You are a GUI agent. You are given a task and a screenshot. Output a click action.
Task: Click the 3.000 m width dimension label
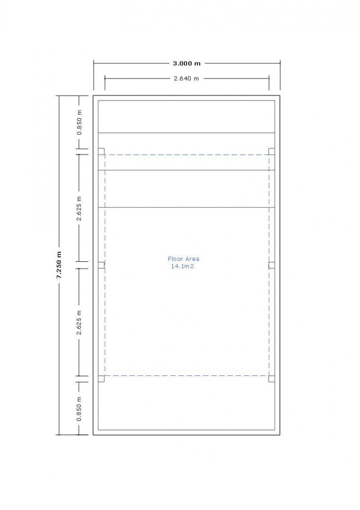tap(187, 63)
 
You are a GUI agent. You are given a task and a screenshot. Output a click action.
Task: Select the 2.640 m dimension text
tap(187, 78)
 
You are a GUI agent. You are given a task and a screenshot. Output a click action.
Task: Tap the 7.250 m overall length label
tap(59, 266)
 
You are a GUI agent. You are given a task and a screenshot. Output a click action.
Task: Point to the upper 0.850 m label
tap(80, 122)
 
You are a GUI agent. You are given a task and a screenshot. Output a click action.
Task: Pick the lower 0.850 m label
tap(80, 409)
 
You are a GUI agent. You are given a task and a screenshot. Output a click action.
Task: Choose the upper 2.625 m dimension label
tap(80, 209)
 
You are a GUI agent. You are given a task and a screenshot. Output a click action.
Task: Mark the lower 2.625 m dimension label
tap(80, 323)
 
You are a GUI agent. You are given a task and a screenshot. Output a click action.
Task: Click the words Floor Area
tap(183, 259)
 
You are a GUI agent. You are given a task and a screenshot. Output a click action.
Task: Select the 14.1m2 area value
tap(183, 266)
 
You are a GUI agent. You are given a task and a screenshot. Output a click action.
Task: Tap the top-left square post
tap(101, 151)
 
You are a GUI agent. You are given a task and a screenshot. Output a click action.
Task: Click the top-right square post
tap(271, 151)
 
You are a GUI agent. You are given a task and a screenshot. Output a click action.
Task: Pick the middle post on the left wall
tap(101, 265)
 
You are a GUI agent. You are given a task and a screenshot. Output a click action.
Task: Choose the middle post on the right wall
tap(271, 265)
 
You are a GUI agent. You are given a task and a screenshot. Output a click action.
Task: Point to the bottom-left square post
tap(101, 379)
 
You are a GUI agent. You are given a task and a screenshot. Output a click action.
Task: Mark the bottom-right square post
tap(271, 379)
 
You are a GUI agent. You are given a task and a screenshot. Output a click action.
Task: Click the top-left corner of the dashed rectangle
tap(105, 155)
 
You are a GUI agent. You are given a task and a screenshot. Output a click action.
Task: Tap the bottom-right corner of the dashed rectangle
tap(269, 375)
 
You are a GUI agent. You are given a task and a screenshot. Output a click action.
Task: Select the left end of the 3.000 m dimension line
tap(94, 63)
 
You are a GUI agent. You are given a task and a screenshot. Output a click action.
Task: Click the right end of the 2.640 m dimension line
tap(269, 78)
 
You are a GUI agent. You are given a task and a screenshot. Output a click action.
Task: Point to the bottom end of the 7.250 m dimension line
tap(59, 434)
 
